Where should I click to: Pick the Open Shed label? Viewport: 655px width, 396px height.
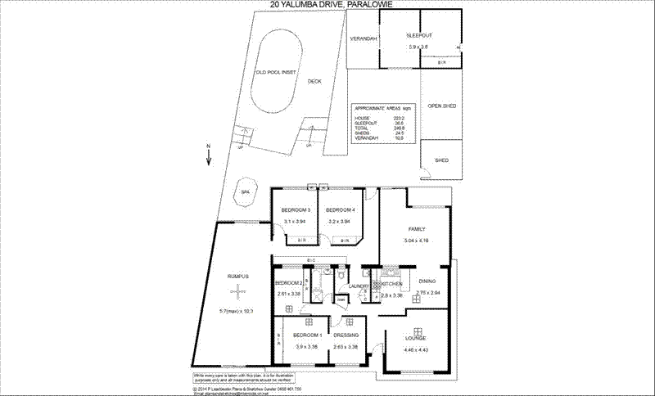pos(441,106)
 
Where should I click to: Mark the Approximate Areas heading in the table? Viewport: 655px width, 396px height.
pos(376,108)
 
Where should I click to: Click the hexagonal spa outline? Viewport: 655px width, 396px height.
pos(244,194)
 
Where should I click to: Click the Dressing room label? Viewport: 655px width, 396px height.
pos(346,336)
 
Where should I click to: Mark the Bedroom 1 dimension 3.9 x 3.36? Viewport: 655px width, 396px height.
pos(306,347)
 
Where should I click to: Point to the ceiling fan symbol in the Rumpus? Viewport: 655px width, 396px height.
pos(237,290)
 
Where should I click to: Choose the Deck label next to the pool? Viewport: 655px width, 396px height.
pos(314,82)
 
